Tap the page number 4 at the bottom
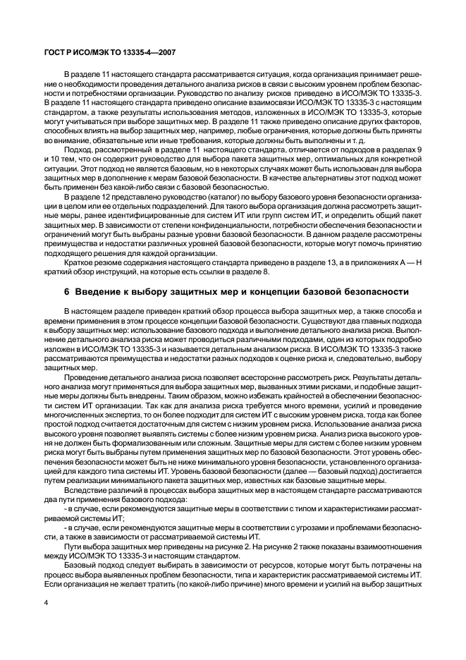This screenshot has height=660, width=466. pyautogui.click(x=46, y=602)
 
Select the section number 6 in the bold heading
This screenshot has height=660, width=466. pyautogui.click(x=67, y=292)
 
